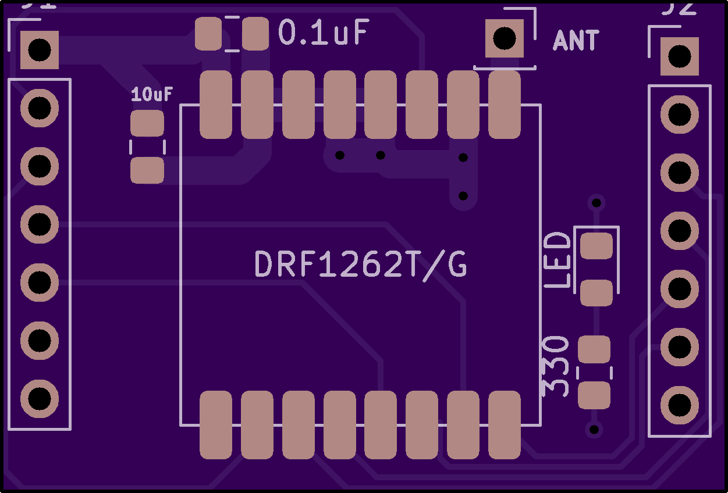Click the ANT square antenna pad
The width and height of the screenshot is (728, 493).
point(505,38)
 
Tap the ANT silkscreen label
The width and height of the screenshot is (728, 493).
point(576,41)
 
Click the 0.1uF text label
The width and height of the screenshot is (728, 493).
point(324,33)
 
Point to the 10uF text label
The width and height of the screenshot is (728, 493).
point(152,94)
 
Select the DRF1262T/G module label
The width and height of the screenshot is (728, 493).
point(361,266)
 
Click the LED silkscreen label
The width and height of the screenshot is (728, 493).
point(558,260)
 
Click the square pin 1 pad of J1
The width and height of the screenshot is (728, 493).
point(40,50)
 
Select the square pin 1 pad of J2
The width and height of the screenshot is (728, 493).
point(679,56)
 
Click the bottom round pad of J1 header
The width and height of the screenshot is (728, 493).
point(40,398)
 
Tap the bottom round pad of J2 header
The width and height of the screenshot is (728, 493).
point(679,405)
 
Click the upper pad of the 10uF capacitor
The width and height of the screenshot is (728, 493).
point(147,124)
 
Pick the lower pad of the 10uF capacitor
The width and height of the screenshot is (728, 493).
point(147,170)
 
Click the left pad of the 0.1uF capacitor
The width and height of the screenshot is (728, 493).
point(208,34)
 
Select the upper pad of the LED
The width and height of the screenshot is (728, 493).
point(596,246)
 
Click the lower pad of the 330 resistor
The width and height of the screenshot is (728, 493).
point(594,395)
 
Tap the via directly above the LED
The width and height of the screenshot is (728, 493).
point(596,203)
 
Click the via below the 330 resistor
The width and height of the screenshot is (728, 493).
point(594,430)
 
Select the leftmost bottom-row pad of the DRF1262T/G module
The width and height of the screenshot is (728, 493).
point(216,424)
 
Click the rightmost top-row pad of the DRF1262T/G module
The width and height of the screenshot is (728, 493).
point(505,105)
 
